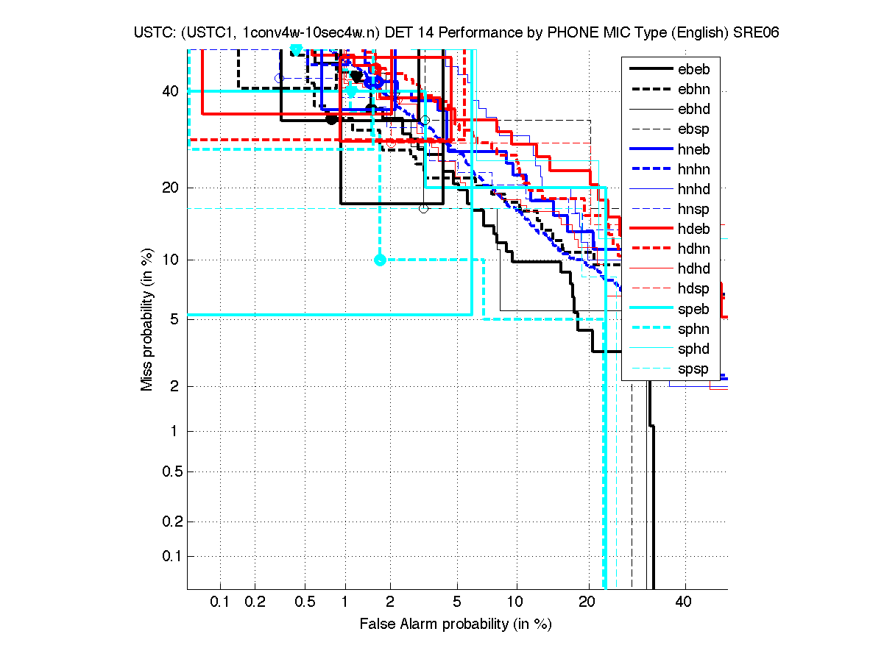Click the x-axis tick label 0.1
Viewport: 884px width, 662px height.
click(x=221, y=602)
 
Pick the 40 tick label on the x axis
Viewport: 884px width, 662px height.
click(x=684, y=602)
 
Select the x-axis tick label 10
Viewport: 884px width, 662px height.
click(x=516, y=602)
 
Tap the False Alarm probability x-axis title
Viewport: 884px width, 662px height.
click(x=456, y=624)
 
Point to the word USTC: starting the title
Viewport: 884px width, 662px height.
click(x=155, y=32)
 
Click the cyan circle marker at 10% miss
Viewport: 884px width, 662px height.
click(x=380, y=260)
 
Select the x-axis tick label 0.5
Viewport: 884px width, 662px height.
click(x=305, y=602)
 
